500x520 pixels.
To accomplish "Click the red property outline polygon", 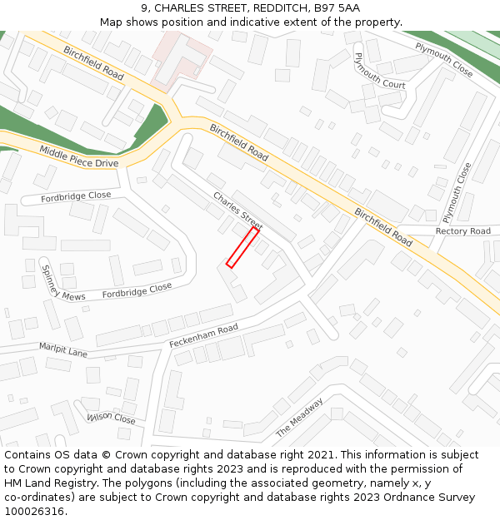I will click(x=242, y=247).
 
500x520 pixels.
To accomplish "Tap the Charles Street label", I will click(x=237, y=211).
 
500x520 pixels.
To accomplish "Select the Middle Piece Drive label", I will click(x=79, y=157).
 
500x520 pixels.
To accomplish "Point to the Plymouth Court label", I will click(x=379, y=71).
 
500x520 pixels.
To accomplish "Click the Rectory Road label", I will click(x=462, y=231).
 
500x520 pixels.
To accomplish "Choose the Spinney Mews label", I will click(x=62, y=284).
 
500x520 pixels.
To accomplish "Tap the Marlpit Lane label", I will click(x=63, y=349).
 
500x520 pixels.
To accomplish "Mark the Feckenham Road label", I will click(x=203, y=335).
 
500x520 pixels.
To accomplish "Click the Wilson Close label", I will click(x=111, y=418).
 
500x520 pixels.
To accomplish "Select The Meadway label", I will click(x=299, y=418).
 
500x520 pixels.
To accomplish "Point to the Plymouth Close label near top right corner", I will click(x=444, y=60).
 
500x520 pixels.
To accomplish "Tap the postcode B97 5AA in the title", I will click(x=337, y=8).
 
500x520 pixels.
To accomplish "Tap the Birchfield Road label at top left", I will click(x=93, y=63).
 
